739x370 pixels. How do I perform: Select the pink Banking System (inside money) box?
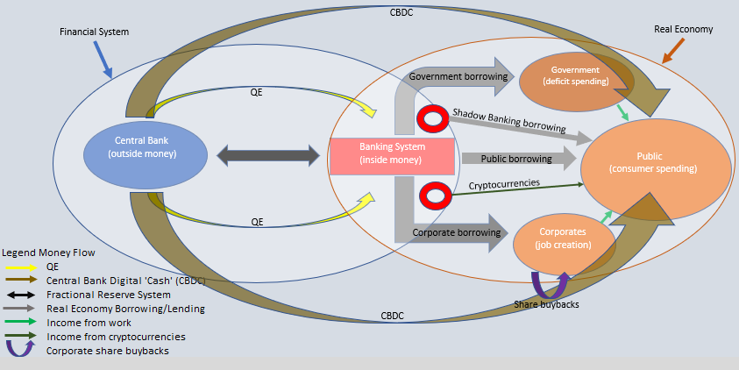coord(391,155)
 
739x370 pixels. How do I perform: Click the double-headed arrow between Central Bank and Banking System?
coord(268,156)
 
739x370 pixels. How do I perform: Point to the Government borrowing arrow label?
coord(458,76)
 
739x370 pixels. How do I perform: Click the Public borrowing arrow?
coord(517,160)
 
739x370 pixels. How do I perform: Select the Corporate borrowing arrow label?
coord(455,233)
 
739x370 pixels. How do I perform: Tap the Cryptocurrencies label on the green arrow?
coord(503,185)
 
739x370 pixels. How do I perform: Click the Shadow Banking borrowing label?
coord(508,121)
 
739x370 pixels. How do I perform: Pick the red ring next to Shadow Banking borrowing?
coord(432,118)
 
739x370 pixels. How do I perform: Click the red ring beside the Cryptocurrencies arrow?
coord(434,196)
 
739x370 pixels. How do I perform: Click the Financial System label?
coord(94,32)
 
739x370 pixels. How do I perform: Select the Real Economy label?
coord(683,29)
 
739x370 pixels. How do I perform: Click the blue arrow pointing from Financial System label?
coord(101,59)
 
